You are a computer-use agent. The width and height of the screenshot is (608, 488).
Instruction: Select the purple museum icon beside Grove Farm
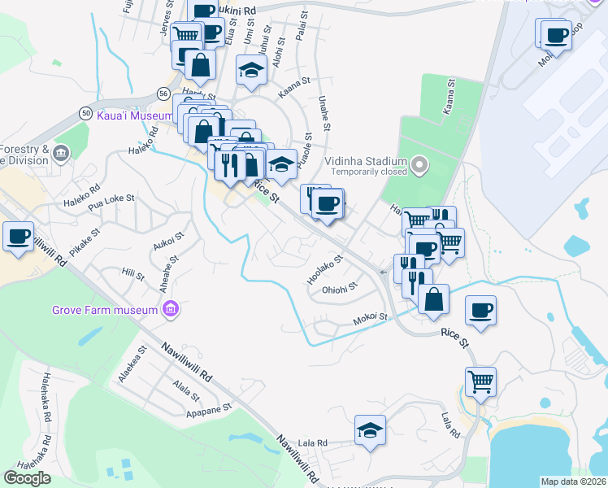tap(170, 309)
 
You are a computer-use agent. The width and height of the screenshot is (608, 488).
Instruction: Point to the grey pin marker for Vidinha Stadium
tap(419, 166)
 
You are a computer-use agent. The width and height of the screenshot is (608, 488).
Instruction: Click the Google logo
tap(27, 478)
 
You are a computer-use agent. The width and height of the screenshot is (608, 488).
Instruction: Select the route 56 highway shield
tap(164, 95)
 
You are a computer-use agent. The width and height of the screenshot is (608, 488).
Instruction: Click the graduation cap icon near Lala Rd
tap(370, 430)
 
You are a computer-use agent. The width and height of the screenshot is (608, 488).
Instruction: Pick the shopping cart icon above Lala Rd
tap(480, 381)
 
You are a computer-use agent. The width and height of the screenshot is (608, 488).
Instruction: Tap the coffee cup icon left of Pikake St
tap(17, 237)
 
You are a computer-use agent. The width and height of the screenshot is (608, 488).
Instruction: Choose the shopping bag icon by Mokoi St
tap(434, 298)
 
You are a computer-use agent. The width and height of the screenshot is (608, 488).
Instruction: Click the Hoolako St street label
tap(325, 269)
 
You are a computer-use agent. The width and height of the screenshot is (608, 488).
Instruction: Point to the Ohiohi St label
tap(340, 288)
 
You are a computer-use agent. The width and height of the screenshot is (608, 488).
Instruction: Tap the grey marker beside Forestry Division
tap(61, 154)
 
